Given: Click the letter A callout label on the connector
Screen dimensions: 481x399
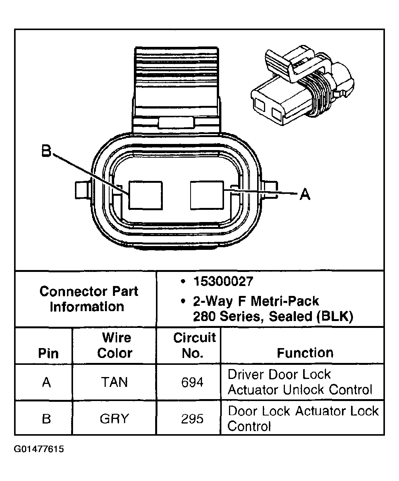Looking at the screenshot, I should (x=305, y=195).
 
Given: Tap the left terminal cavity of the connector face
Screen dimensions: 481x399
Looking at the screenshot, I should (x=145, y=195).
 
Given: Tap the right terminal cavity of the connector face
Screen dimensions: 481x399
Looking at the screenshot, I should (x=207, y=195).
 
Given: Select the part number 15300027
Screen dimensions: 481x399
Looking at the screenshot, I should (x=223, y=281).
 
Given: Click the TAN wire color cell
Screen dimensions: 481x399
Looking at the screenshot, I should (x=114, y=382).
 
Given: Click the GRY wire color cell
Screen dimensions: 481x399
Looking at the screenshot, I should (x=114, y=419).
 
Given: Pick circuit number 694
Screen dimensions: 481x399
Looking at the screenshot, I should (x=192, y=382).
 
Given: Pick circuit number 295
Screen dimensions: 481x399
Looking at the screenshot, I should (x=192, y=419).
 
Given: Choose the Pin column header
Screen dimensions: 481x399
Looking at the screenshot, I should (x=48, y=353).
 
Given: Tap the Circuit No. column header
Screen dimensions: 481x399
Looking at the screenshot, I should (x=194, y=345).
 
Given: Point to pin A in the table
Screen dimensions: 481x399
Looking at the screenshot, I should (x=46, y=382).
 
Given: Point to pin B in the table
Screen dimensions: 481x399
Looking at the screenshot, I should (x=46, y=419).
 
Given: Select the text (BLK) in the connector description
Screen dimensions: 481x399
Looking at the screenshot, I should (x=334, y=316).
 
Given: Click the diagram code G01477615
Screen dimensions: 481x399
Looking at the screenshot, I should (x=39, y=449).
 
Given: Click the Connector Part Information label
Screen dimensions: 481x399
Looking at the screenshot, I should (x=88, y=299).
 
